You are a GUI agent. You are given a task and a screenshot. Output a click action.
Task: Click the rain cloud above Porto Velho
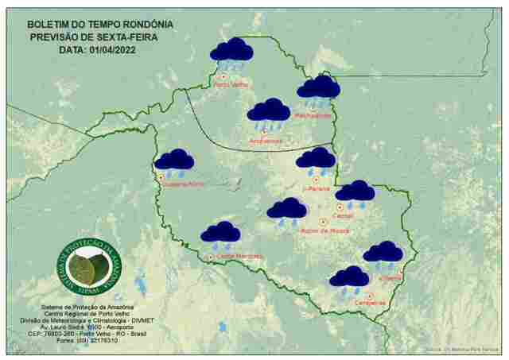(x=231, y=52)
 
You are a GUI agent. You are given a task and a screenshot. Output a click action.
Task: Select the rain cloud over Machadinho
(x=318, y=88)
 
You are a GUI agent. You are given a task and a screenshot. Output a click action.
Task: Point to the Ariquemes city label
(x=266, y=141)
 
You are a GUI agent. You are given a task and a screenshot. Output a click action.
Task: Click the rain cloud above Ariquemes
(x=268, y=112)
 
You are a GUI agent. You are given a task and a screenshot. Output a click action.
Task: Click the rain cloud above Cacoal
(x=355, y=192)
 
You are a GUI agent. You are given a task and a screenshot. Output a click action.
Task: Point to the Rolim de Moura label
(x=325, y=231)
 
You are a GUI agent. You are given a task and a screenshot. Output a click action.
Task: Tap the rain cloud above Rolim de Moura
(x=286, y=210)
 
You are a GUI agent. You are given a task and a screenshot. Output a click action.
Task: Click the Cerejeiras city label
(x=371, y=302)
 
